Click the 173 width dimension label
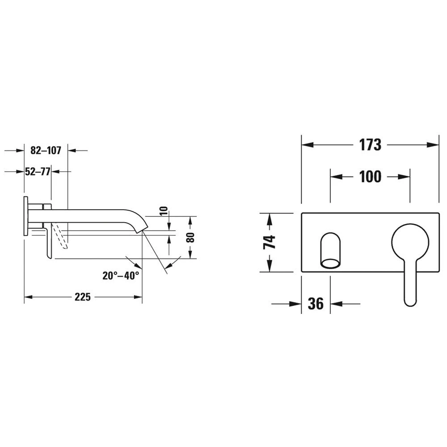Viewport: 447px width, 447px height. [370, 145]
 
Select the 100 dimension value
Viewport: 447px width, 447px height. [370, 177]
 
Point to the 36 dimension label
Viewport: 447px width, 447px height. [316, 304]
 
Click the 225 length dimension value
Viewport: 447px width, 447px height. [83, 297]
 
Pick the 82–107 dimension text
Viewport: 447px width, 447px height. [46, 151]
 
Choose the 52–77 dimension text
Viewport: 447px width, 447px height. [38, 171]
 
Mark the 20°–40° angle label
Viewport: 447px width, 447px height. [121, 276]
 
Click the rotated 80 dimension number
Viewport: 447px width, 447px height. [191, 237]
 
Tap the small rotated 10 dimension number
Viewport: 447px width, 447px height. [164, 211]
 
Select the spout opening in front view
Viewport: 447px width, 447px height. [331, 263]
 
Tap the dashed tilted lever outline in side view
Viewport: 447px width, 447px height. [61, 236]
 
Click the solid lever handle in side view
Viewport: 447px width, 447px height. [48, 241]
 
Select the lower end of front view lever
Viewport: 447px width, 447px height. [410, 300]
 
